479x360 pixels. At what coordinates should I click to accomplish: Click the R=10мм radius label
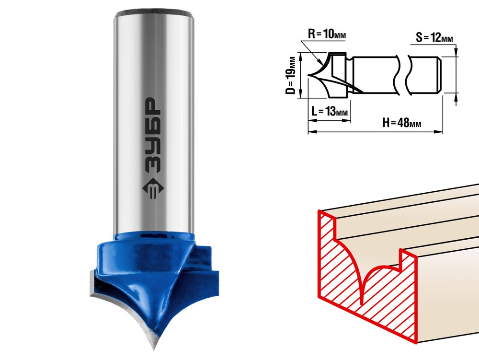(x=327, y=34)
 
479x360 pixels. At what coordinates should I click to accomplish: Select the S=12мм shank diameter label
(x=434, y=37)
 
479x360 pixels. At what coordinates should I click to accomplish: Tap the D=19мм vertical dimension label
(x=292, y=75)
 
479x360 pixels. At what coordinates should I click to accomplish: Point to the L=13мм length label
(x=330, y=111)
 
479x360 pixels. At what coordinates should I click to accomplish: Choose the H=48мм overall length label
(x=402, y=123)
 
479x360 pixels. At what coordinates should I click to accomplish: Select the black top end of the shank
(x=154, y=13)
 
